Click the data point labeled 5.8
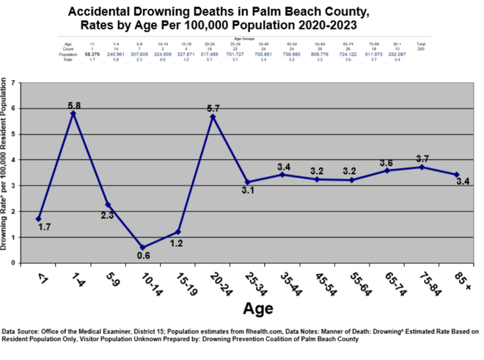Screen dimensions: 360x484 (x=73, y=114)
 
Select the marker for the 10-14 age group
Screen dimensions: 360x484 (x=142, y=247)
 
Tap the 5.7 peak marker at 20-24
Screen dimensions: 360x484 (x=212, y=117)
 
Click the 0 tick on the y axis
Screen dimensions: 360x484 (x=14, y=262)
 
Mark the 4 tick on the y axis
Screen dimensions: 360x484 (x=14, y=160)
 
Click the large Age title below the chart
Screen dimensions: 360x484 (x=258, y=307)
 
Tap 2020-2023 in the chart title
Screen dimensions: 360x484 (x=326, y=26)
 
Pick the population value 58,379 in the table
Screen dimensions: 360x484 (x=92, y=55)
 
